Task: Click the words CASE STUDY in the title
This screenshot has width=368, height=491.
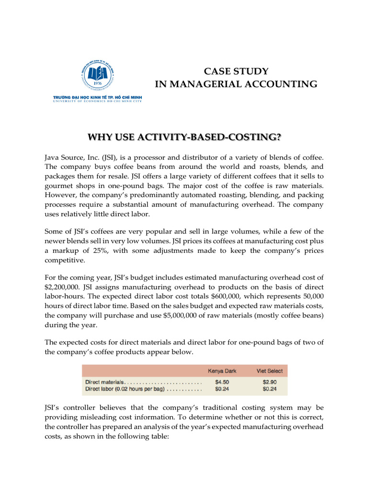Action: point(236,71)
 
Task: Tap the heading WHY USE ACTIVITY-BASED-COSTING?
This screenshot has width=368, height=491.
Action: point(184,138)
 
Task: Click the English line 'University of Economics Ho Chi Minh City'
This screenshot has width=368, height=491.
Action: point(97,101)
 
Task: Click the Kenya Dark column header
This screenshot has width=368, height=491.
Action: point(222,371)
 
